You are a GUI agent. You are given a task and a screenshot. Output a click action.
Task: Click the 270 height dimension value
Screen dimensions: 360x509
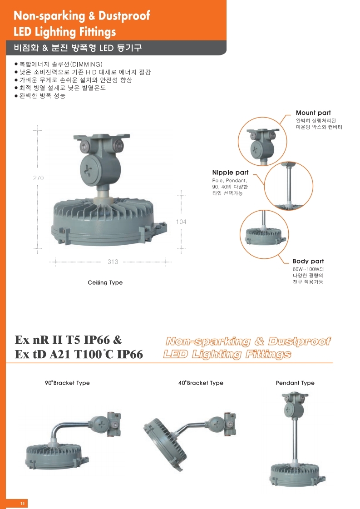[38, 178]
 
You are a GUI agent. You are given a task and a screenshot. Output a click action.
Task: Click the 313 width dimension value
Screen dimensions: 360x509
[113, 262]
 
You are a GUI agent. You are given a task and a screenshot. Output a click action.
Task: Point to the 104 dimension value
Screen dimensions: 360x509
[181, 222]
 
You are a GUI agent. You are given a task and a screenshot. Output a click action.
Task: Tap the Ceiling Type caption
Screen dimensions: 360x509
[105, 282]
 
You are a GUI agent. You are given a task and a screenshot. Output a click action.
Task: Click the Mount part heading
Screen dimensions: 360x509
[313, 113]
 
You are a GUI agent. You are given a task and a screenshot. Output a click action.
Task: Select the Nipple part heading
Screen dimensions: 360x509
[231, 173]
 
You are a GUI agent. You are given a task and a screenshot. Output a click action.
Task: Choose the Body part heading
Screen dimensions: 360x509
[308, 261]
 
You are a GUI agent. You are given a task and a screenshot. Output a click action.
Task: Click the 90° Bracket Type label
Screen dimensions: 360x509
[67, 383]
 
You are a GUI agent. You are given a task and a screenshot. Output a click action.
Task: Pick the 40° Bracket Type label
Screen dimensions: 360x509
[201, 383]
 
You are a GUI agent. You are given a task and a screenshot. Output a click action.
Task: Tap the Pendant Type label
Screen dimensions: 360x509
[295, 383]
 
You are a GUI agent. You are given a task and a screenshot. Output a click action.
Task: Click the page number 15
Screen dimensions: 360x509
[22, 503]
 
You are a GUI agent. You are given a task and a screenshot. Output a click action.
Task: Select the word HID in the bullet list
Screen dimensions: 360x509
[91, 72]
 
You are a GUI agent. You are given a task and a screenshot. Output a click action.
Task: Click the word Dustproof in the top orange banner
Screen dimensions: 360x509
[124, 16]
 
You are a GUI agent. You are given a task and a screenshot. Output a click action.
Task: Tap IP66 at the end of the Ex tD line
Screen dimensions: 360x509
[130, 354]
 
